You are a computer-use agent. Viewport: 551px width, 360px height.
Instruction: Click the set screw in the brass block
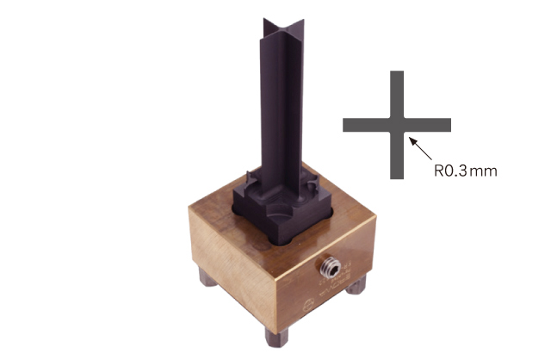click(x=331, y=268)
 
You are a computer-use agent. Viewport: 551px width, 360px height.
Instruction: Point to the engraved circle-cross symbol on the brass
click(x=308, y=305)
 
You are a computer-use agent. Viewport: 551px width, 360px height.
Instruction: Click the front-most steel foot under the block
click(x=276, y=338)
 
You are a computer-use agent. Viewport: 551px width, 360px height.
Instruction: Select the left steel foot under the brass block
click(x=207, y=277)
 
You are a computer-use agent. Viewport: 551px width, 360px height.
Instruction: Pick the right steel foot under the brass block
click(x=356, y=285)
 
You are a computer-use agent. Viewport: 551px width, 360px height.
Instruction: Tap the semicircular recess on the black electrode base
click(x=280, y=211)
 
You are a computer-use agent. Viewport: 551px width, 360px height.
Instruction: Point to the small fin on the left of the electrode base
click(x=251, y=178)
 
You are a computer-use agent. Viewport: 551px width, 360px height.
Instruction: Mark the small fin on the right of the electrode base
click(x=313, y=183)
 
